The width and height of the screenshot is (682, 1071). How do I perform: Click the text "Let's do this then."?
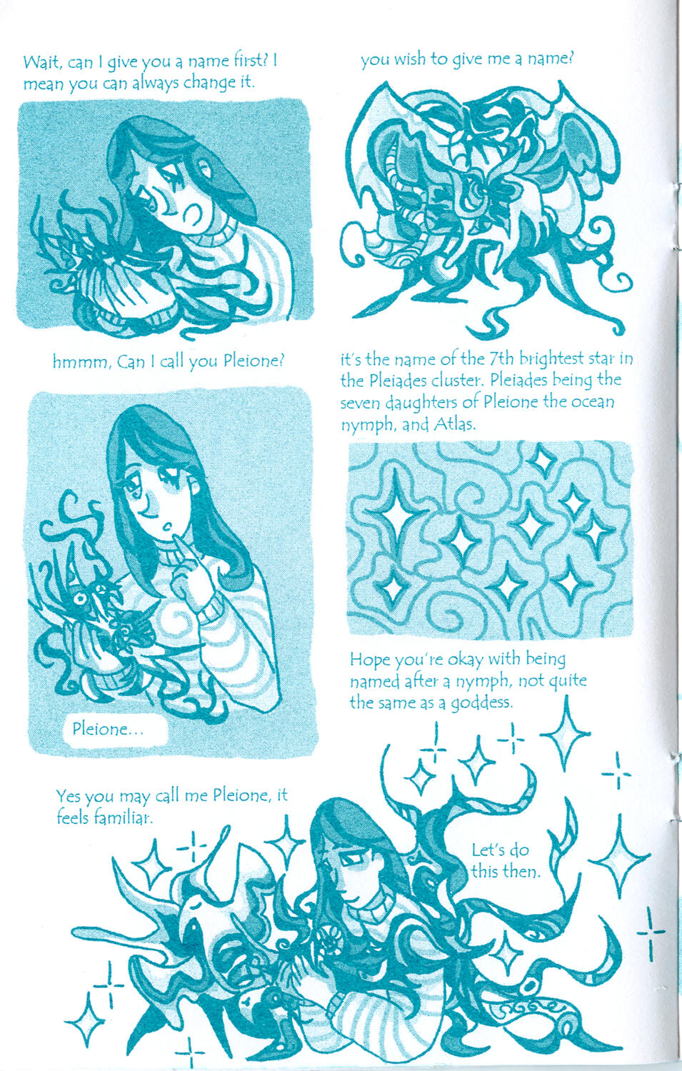click(x=506, y=860)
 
